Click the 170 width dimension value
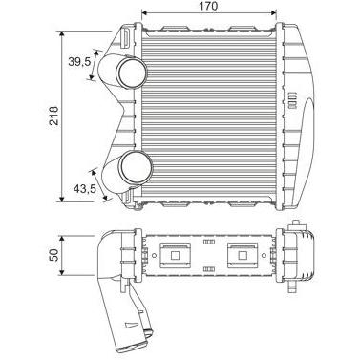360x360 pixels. pos(209,6)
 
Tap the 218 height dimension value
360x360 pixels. pos(54,116)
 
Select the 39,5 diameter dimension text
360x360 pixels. pos(79,61)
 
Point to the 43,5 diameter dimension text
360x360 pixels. pos(84,189)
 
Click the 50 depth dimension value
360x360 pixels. pos(54,255)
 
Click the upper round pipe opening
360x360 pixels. pos(132,73)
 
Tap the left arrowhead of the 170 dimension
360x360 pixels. pos(144,12)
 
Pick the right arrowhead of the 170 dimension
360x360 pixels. pos(273,12)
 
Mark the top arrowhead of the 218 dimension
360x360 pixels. pos(62,33)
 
